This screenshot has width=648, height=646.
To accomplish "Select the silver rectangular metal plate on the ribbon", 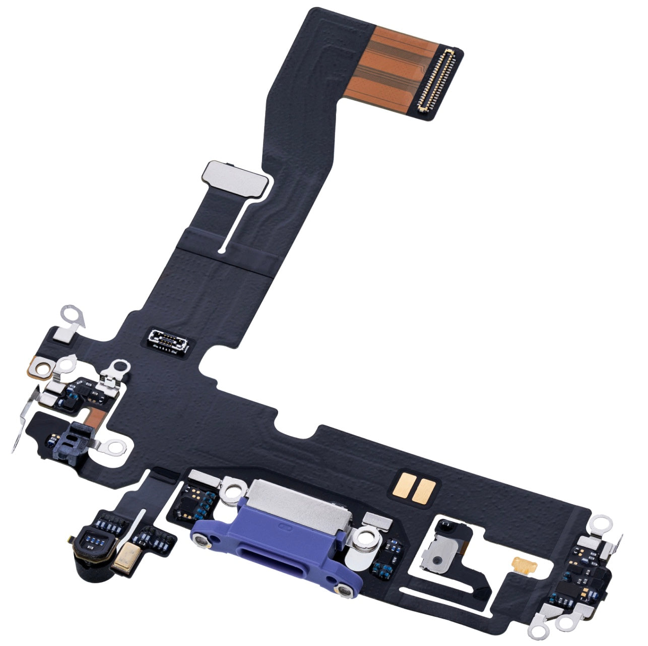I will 234,179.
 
